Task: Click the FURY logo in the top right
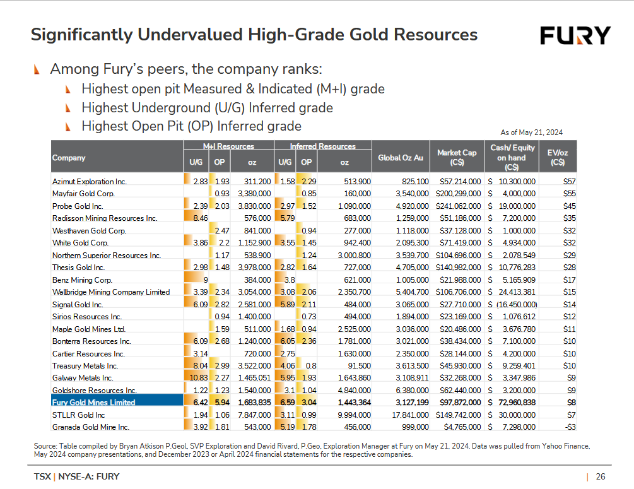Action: [575, 35]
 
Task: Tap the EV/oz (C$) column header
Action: [557, 157]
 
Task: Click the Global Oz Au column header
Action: [399, 157]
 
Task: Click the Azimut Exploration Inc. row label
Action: [90, 182]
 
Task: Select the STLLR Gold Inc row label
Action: [78, 415]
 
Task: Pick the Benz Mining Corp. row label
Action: [82, 280]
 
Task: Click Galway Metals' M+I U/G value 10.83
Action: [197, 377]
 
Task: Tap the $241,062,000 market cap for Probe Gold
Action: [458, 206]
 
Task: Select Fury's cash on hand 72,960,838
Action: [512, 402]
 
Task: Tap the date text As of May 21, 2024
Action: [531, 133]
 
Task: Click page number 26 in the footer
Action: [601, 476]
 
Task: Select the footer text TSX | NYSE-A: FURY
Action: [76, 476]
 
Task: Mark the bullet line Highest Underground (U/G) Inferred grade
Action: [207, 107]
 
